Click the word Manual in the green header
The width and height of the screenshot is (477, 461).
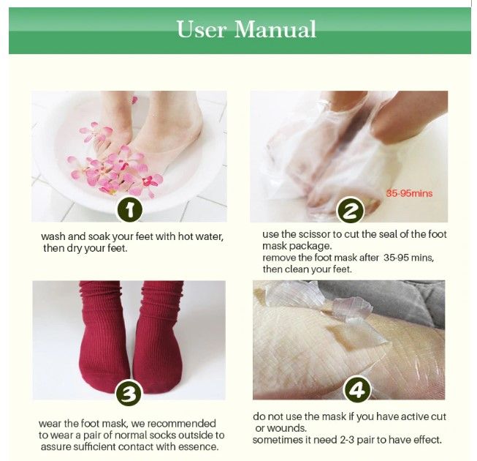pyautogui.click(x=275, y=29)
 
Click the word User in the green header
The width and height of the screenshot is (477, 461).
pyautogui.click(x=202, y=29)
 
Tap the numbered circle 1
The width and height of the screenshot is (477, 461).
pyautogui.click(x=130, y=210)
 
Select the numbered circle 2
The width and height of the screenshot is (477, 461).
pyautogui.click(x=350, y=210)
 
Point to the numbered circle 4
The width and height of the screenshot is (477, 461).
pyautogui.click(x=357, y=390)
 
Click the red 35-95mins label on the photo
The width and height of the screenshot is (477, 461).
pyautogui.click(x=409, y=193)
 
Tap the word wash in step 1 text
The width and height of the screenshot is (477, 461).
pyautogui.click(x=53, y=236)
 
